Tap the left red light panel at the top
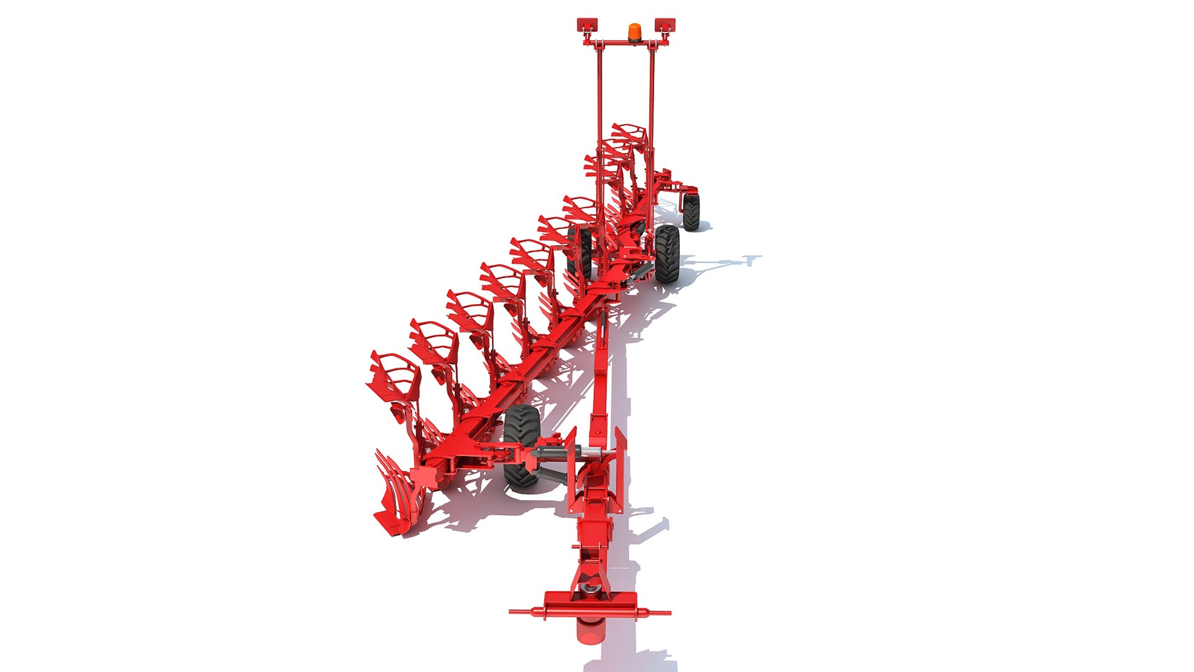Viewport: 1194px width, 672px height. point(587,25)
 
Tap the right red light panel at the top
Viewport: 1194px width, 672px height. point(665,25)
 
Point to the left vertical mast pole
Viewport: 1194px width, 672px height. point(600,124)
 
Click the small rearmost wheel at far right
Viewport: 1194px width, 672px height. point(691,212)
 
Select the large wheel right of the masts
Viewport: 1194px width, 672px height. point(667,253)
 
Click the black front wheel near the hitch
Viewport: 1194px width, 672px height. point(521,446)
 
